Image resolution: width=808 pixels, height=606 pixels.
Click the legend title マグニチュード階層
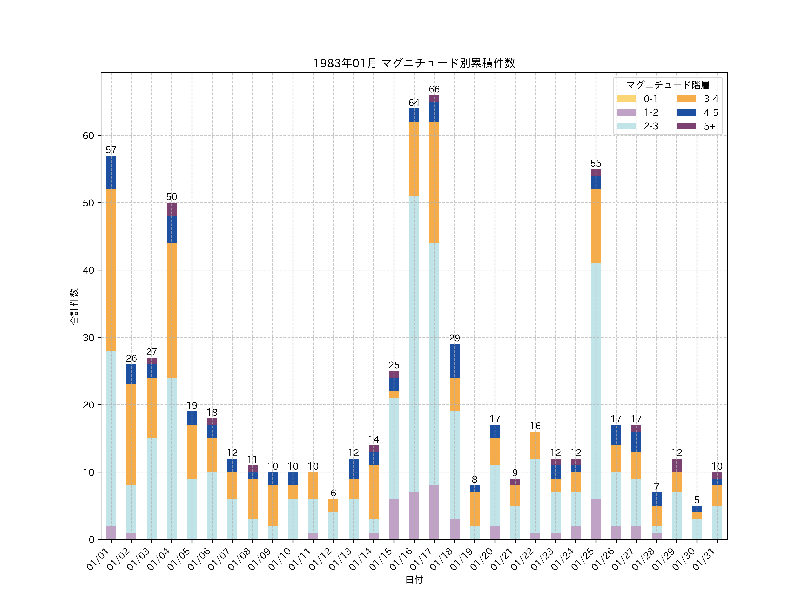pyautogui.click(x=668, y=85)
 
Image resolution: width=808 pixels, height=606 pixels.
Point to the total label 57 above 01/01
pyautogui.click(x=111, y=150)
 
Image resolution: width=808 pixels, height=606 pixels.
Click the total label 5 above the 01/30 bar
pyautogui.click(x=697, y=500)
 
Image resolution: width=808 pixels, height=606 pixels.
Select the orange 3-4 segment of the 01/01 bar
pyautogui.click(x=111, y=270)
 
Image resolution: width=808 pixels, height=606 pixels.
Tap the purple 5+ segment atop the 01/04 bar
pyautogui.click(x=172, y=209)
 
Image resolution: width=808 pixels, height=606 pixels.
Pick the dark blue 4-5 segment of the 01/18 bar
pyautogui.click(x=454, y=361)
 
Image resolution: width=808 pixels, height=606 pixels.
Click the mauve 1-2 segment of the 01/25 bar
pyautogui.click(x=596, y=519)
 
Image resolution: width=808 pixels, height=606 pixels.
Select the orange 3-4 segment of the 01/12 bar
pyautogui.click(x=333, y=505)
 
